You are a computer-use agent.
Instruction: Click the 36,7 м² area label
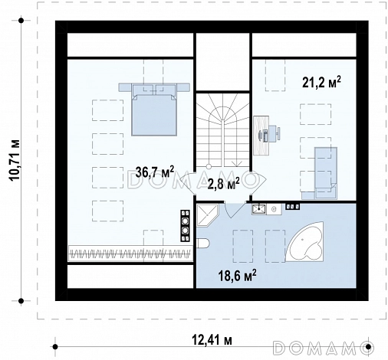(x=155, y=172)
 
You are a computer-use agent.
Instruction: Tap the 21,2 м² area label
(x=321, y=83)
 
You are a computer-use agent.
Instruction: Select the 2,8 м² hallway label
(x=223, y=184)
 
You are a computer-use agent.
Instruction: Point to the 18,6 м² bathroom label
(x=237, y=275)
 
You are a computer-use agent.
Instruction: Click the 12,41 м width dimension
(x=212, y=340)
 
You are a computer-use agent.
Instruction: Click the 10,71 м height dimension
(x=15, y=161)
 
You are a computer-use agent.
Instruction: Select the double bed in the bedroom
(x=154, y=109)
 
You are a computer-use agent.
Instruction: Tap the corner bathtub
(x=304, y=241)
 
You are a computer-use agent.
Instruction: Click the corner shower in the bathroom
(x=207, y=214)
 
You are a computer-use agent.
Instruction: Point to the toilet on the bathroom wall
(x=203, y=244)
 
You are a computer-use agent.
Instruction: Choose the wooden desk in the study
(x=261, y=136)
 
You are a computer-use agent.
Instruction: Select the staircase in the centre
(x=223, y=130)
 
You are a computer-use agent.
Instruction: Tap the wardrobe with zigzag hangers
(x=130, y=254)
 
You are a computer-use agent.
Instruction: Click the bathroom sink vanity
(x=267, y=209)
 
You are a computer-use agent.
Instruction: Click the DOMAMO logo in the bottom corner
(x=324, y=347)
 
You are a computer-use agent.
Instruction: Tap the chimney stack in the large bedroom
(x=186, y=225)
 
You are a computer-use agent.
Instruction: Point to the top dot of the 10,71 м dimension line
(x=21, y=21)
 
